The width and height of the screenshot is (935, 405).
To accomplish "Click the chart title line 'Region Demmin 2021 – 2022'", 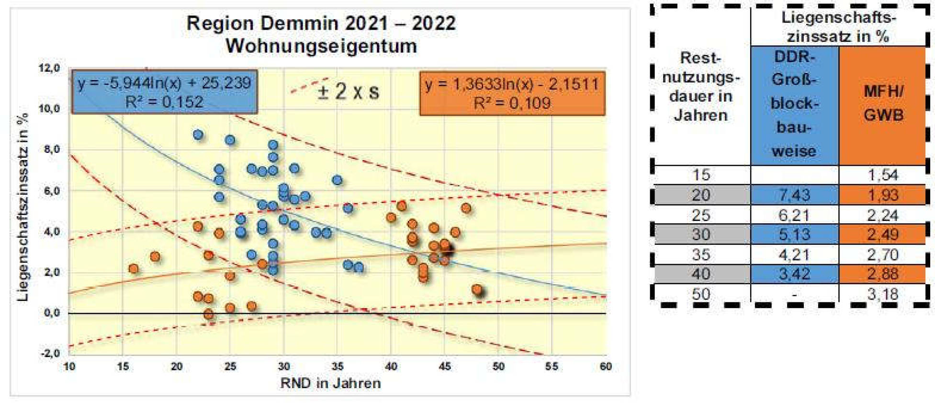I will coord(321,23).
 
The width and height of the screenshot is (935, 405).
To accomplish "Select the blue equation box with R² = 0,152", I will coord(164,92).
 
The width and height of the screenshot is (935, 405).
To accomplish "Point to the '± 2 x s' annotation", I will coord(348,91).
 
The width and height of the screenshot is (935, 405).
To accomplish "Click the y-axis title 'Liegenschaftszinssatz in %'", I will coord(23,207).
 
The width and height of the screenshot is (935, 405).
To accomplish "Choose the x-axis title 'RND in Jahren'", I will coord(330,383).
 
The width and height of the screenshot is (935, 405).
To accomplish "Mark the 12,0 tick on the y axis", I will coord(49,68).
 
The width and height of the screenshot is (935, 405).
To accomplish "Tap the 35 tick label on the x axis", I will coord(337,367).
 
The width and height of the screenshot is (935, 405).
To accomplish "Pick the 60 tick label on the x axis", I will coord(606,367).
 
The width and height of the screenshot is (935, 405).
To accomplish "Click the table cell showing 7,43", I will coord(794,195).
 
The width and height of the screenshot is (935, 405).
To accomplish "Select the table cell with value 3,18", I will coord(882,294).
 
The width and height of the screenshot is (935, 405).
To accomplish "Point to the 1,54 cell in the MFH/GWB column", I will coord(882,175).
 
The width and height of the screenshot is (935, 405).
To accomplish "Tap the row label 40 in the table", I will coord(701,274).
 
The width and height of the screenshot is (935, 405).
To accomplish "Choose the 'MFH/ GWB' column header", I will coord(882,103).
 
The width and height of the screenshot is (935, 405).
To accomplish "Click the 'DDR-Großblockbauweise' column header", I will coord(794,104).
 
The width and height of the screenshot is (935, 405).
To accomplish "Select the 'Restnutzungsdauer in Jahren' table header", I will coord(701,87).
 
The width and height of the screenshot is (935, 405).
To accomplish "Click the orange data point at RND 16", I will coord(134,268).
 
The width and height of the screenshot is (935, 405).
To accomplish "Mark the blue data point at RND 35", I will coord(337,180).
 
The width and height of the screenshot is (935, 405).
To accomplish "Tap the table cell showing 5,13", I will coord(794,234).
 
